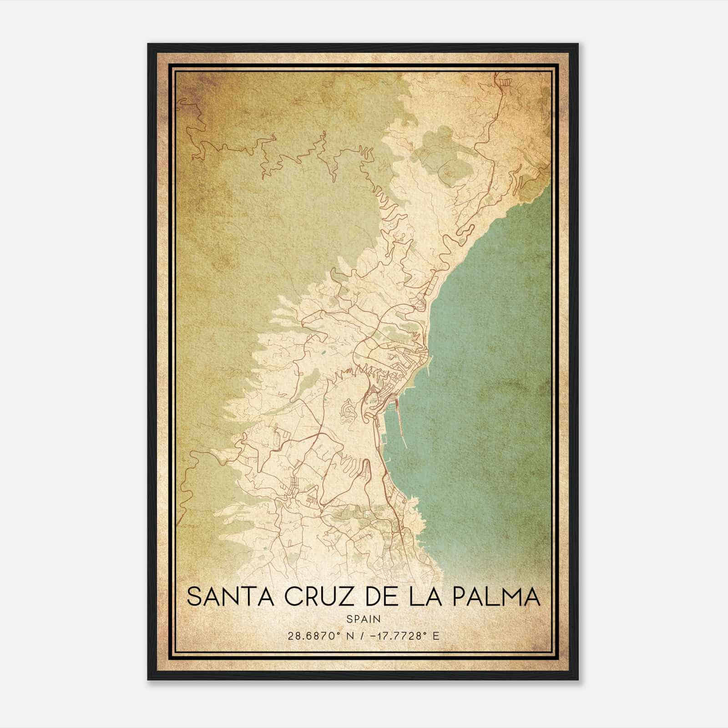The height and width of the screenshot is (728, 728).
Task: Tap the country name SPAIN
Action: (364, 619)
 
